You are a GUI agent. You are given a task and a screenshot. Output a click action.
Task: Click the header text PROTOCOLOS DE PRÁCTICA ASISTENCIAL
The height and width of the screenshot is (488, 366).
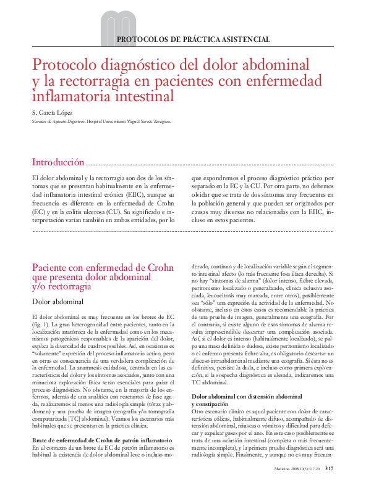point(194,39)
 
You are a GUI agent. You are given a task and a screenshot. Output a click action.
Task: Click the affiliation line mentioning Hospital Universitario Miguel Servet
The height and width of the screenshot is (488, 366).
point(101,122)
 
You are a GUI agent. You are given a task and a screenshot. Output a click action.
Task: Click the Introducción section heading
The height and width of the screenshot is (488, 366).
point(58,162)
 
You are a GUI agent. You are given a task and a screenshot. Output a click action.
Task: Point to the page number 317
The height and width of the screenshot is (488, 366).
point(330,468)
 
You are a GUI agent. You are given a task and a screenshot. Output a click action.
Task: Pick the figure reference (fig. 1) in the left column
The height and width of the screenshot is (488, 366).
point(41,324)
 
